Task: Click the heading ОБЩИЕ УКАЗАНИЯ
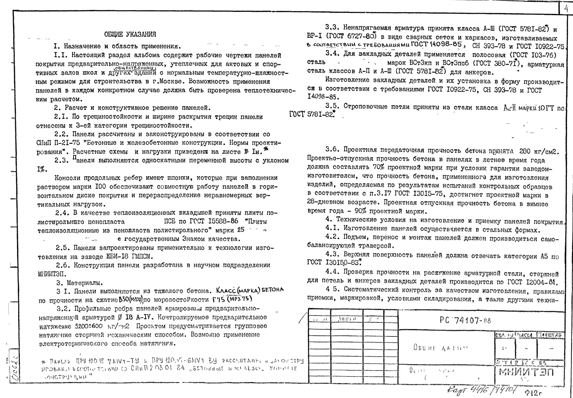point(130,34)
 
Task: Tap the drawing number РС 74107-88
point(465,320)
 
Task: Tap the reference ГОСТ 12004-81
point(532,282)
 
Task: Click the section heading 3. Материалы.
point(79,283)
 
